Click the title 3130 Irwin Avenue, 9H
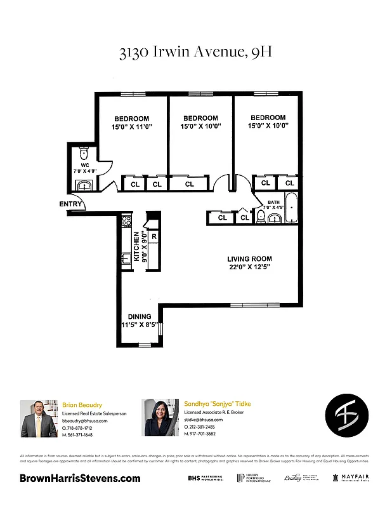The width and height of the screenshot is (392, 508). [x=195, y=52]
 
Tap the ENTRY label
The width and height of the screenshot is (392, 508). [x=70, y=204]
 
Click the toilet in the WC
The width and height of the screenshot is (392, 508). [x=83, y=154]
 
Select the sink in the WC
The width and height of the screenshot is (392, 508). [x=84, y=185]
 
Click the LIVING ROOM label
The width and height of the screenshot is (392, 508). [x=250, y=259]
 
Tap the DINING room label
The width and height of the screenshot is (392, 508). [x=139, y=316]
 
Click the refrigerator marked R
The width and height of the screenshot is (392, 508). [x=154, y=237]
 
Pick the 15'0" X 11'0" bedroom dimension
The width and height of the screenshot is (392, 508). [x=131, y=127]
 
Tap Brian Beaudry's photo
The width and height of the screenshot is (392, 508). [x=39, y=418]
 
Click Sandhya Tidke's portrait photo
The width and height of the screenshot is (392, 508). [x=159, y=417]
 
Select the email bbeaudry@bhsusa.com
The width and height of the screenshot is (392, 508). [x=85, y=420]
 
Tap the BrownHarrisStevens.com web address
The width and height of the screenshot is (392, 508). [x=80, y=478]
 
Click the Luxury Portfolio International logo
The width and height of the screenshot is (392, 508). [x=254, y=478]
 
